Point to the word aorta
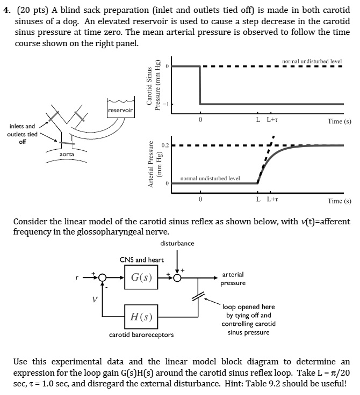click(x=67, y=153)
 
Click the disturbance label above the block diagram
click(x=177, y=243)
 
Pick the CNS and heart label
click(x=141, y=260)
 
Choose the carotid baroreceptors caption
click(x=141, y=335)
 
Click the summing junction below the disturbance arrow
click(x=177, y=278)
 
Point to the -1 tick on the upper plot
click(x=166, y=104)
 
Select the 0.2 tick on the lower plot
click(x=164, y=145)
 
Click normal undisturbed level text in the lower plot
click(x=210, y=178)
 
